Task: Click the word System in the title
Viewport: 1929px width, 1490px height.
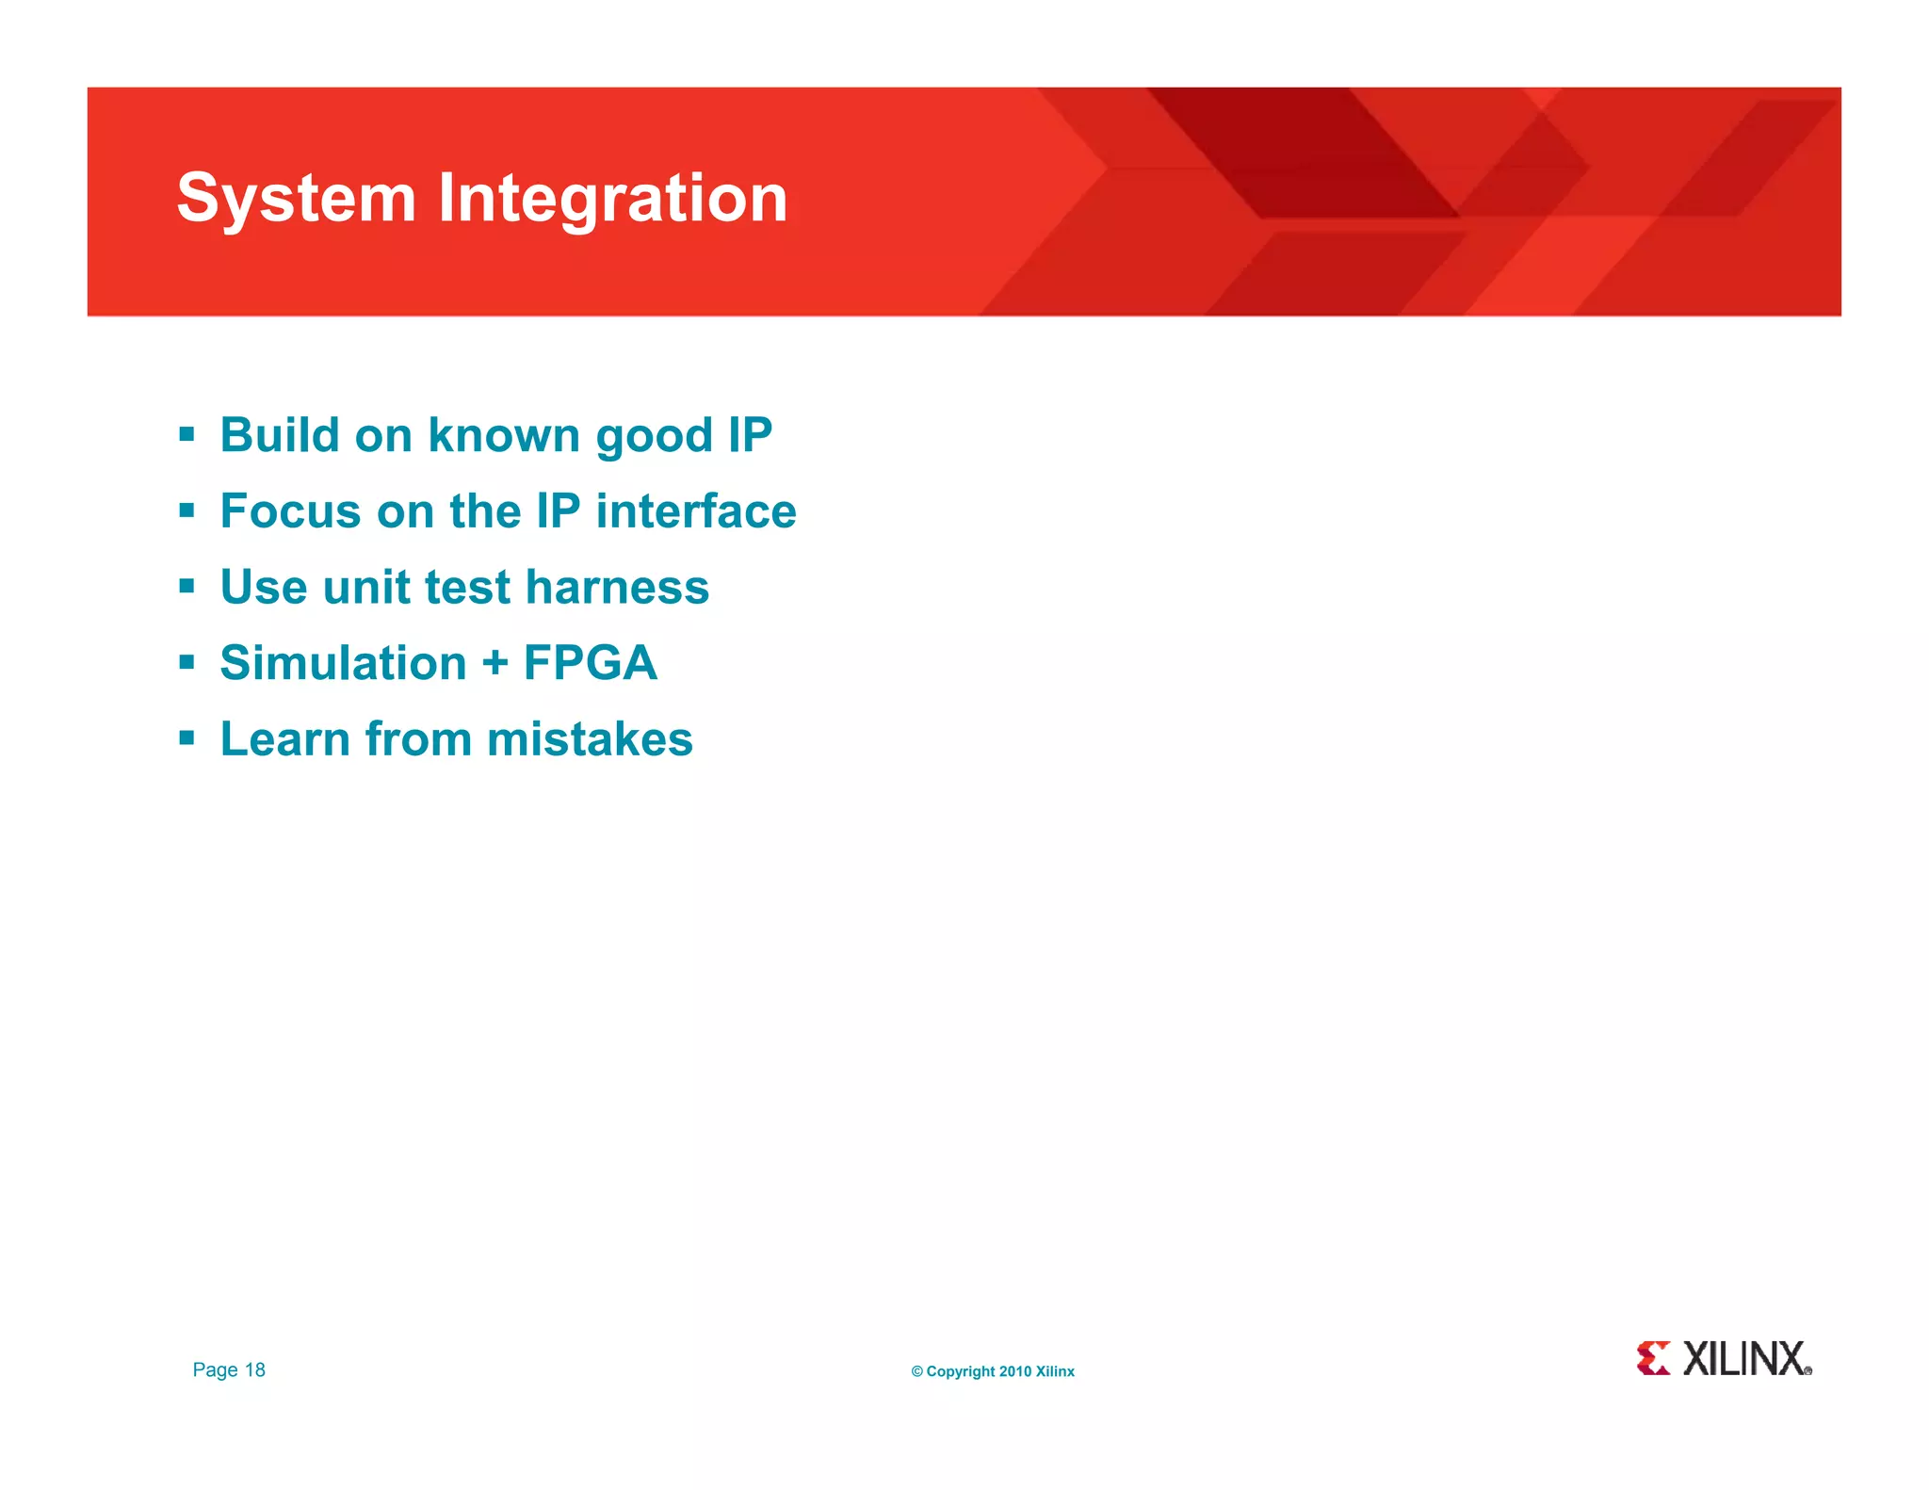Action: tap(296, 200)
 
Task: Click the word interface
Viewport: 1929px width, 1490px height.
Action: tap(695, 511)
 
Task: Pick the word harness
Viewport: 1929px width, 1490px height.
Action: tap(617, 587)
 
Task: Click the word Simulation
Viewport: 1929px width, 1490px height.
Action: tap(343, 663)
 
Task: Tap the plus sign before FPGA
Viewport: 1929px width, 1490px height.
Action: tap(494, 663)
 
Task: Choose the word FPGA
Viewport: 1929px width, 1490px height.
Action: tap(590, 663)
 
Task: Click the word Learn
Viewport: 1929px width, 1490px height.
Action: tap(284, 739)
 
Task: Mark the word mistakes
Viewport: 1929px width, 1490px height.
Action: tap(590, 739)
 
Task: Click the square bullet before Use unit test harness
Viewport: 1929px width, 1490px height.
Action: tap(186, 587)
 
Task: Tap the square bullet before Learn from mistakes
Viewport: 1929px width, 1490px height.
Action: tap(186, 738)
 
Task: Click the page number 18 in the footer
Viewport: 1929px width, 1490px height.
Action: tap(254, 1369)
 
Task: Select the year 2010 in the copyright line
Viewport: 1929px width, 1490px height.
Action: tap(1014, 1371)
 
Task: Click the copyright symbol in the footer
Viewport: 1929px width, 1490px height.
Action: tap(916, 1371)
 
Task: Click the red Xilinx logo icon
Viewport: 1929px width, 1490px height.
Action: tap(1653, 1358)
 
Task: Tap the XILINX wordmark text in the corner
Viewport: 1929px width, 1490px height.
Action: tap(1744, 1359)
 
